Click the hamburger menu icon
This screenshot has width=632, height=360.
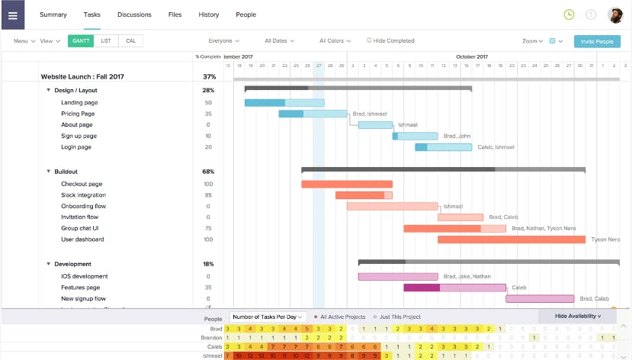click(12, 14)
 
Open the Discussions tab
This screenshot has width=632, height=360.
click(134, 14)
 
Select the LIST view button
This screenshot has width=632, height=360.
click(105, 41)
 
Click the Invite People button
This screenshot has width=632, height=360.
click(596, 41)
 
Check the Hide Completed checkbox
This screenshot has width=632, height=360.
click(370, 40)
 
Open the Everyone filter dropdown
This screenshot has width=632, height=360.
click(223, 41)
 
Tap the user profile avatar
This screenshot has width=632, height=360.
click(615, 14)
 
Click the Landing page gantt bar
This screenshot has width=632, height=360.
click(284, 103)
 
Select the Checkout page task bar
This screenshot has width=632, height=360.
click(346, 184)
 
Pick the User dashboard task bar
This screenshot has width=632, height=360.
click(511, 239)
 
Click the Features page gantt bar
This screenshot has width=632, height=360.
click(454, 288)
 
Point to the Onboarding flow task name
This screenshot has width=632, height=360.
click(83, 206)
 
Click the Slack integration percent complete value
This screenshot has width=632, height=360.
click(208, 195)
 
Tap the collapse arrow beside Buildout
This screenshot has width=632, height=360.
click(48, 172)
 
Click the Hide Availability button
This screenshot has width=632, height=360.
click(578, 316)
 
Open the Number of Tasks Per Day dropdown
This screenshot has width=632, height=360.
click(268, 317)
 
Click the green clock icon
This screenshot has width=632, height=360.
click(568, 14)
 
